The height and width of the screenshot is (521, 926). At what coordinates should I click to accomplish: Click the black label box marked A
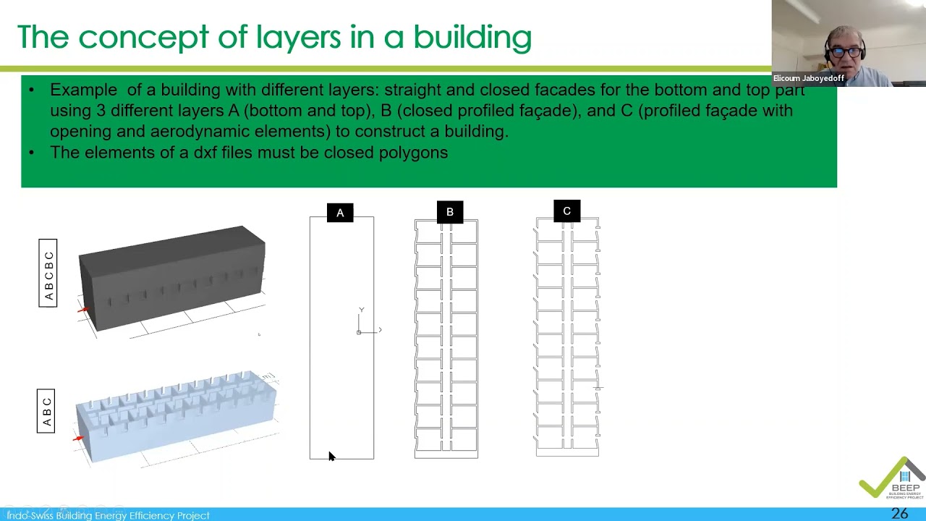(340, 213)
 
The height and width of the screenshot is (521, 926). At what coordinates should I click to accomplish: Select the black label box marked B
(450, 212)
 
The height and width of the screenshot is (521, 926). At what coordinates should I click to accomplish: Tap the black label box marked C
(566, 211)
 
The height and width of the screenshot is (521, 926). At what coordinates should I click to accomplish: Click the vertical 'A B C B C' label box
(48, 273)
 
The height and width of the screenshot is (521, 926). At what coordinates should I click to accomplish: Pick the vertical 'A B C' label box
(46, 411)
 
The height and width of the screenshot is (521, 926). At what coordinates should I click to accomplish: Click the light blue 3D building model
(176, 415)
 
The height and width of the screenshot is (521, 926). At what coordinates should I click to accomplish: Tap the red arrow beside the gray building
(82, 310)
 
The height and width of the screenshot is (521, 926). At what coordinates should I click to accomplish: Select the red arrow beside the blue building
(78, 438)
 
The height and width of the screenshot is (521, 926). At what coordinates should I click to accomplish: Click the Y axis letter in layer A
(361, 310)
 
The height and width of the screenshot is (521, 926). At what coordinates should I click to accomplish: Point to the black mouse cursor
(331, 456)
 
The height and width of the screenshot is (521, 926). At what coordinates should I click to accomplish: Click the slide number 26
(899, 513)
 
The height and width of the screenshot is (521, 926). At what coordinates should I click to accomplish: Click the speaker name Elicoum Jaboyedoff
(809, 78)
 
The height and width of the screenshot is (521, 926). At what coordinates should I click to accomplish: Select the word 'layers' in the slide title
(298, 38)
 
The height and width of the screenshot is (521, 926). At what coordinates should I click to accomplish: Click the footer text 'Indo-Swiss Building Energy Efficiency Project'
(109, 515)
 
